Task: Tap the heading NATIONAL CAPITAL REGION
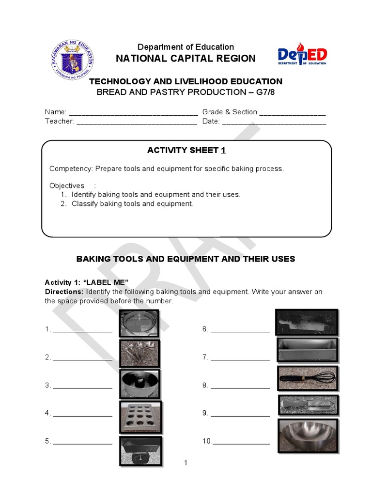tap(186, 59)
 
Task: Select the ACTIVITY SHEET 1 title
tap(186, 151)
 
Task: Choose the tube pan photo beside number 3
tap(140, 384)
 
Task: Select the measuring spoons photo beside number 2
tap(140, 353)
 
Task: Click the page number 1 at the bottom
tap(186, 463)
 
